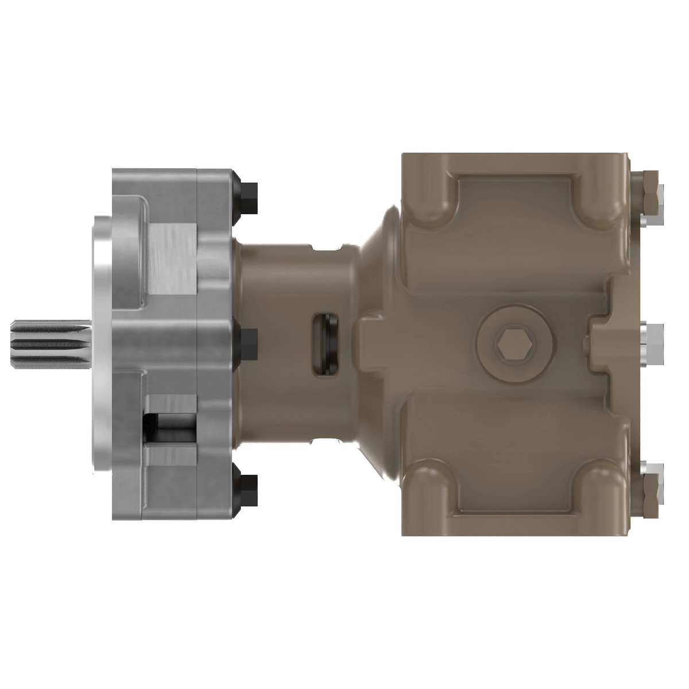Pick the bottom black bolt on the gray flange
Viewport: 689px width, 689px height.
(249, 489)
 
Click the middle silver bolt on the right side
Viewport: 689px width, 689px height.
(652, 344)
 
